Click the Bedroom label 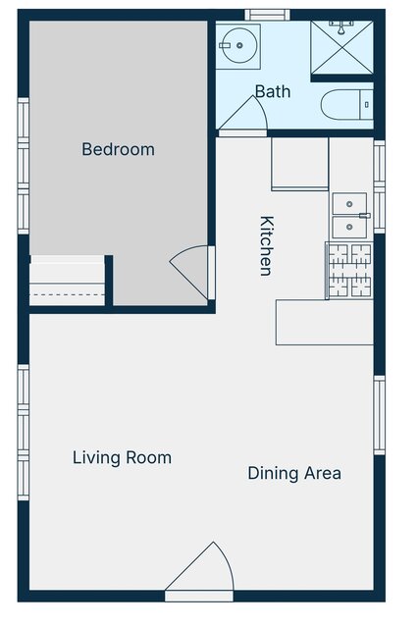pyautogui.click(x=118, y=149)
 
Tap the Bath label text pyautogui.click(x=273, y=91)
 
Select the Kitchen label pyautogui.click(x=267, y=245)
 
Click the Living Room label pyautogui.click(x=122, y=458)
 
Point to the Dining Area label pyautogui.click(x=294, y=473)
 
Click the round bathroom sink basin pyautogui.click(x=239, y=45)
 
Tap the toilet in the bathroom pyautogui.click(x=347, y=105)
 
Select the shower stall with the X pyautogui.click(x=341, y=47)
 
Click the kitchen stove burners pyautogui.click(x=349, y=271)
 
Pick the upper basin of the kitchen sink pyautogui.click(x=349, y=204)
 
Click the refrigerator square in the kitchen pyautogui.click(x=300, y=164)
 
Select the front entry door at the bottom pyautogui.click(x=199, y=571)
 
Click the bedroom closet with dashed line pyautogui.click(x=68, y=281)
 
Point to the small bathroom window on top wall pyautogui.click(x=267, y=15)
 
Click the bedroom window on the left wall pyautogui.click(x=24, y=166)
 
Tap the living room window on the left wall pyautogui.click(x=24, y=432)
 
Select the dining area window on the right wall pyautogui.click(x=379, y=415)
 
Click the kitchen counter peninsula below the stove pyautogui.click(x=325, y=323)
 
